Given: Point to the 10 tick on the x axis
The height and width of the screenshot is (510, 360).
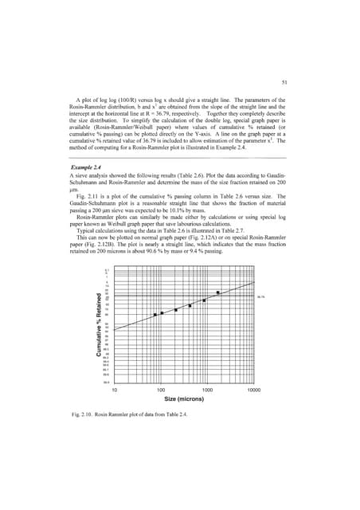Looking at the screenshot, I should (114, 390).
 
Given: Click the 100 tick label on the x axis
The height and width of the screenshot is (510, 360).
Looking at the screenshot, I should (161, 390).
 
